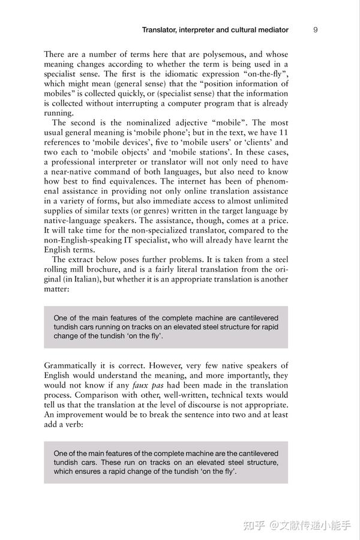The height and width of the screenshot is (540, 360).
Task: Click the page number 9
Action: (316, 29)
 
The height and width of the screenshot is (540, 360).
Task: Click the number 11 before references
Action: (283, 132)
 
